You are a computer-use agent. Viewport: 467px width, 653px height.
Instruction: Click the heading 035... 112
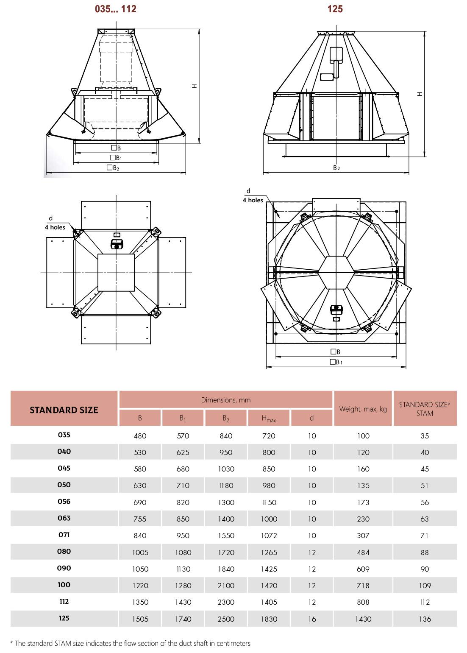pos(116,9)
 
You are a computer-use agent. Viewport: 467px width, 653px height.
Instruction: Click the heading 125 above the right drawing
pos(335,9)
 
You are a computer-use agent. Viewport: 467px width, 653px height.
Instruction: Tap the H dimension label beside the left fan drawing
pos(195,86)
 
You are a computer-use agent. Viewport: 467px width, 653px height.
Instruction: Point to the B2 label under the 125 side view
pos(336,168)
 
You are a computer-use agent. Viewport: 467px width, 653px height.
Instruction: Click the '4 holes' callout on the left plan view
pos(55,227)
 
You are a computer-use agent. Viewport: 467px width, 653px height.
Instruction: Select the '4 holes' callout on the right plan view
pos(253,200)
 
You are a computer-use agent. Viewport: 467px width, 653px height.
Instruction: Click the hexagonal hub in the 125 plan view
pos(336,273)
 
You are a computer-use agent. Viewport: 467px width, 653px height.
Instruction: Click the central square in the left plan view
pos(116,273)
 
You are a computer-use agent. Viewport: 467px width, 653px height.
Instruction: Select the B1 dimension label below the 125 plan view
pos(336,362)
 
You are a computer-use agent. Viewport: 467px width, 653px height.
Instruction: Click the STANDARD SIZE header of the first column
pos(64,410)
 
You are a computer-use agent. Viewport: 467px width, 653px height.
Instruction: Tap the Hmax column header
pos(269,419)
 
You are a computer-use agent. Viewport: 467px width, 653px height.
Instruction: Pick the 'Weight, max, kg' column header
pos(363,409)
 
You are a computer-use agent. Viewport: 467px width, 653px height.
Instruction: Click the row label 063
pos(64,518)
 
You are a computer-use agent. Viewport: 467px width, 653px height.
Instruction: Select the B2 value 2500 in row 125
pos(226,619)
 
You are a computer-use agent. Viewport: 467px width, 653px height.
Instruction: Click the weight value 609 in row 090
pos(363,569)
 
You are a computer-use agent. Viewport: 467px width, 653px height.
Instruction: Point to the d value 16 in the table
pos(312,619)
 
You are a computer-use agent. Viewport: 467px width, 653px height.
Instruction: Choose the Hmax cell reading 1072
pos(269,536)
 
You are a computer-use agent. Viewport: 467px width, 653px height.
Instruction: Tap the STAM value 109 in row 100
pos(425,586)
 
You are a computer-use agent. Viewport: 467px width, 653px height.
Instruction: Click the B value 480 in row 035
pos(140,436)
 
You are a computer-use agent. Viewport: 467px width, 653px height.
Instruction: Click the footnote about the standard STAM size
pos(131,643)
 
